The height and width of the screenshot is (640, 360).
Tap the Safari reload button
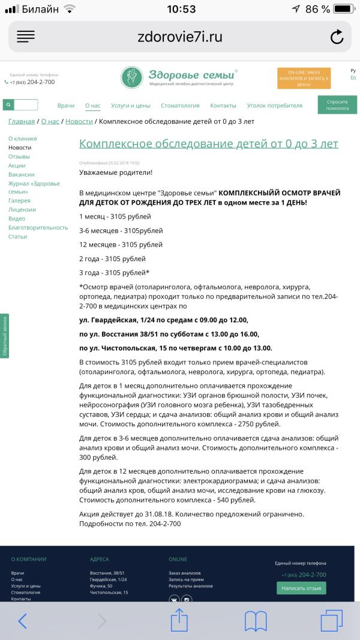pos(337,37)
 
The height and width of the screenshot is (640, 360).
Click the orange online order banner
pos(304,79)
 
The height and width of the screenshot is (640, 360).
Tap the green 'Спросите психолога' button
pos(337,105)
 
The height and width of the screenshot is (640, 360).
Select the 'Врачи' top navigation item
pos(66,106)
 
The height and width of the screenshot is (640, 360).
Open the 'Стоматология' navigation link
pos(180,106)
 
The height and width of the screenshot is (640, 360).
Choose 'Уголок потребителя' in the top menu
pos(274,106)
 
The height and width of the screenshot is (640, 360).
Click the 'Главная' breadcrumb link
pos(21,121)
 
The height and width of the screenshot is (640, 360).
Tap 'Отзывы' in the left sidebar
pos(19,157)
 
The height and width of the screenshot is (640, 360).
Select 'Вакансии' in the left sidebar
pos(22,174)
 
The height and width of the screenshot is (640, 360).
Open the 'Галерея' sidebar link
pos(19,201)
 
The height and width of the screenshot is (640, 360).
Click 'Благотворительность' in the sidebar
pos(38,228)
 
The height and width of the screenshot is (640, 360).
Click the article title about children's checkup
pos(209,144)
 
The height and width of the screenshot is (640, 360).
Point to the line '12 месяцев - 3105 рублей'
pos(121,244)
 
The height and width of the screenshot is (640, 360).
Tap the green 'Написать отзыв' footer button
pos(301,588)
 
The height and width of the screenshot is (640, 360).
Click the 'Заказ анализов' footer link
pos(185,573)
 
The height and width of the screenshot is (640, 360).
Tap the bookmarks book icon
pos(255,621)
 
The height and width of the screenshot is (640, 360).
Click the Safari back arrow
pos(23,621)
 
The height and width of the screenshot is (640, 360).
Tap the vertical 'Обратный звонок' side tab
pos(5,336)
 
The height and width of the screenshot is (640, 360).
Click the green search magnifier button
pos(8,105)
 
